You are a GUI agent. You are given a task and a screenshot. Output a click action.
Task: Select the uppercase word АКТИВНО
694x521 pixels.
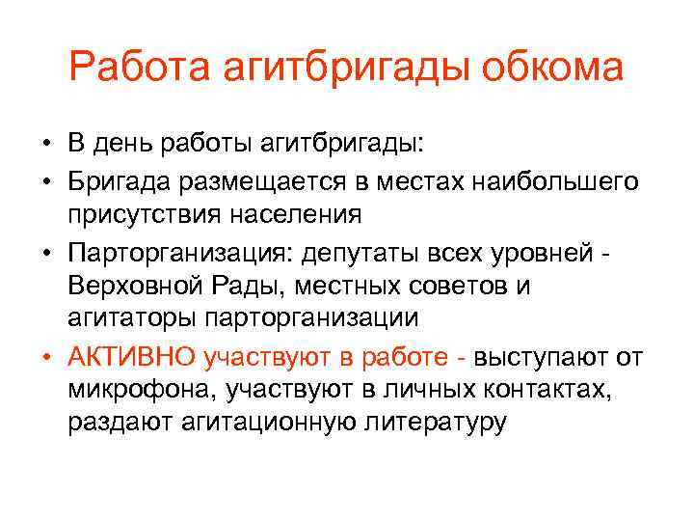click(132, 356)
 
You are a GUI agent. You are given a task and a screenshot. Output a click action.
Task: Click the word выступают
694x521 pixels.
click(542, 356)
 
